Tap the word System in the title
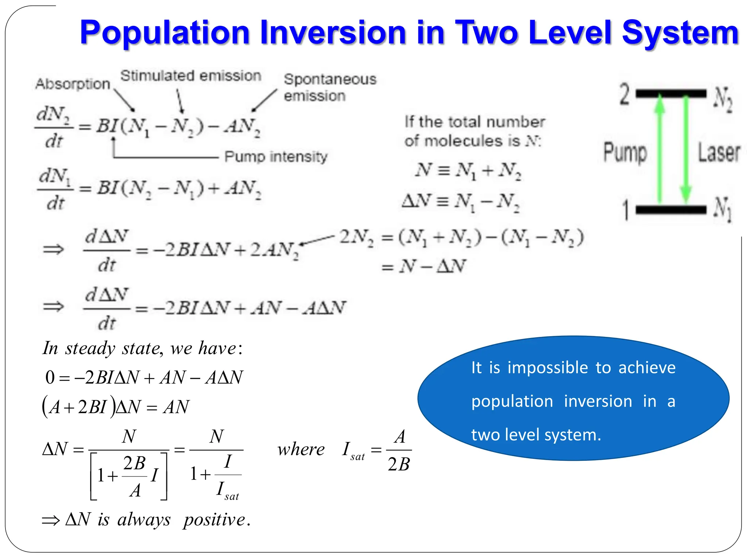(680, 33)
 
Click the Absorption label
(73, 84)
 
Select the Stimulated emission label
(191, 76)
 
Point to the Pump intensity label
(276, 157)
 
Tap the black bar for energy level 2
(671, 94)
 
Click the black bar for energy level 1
(671, 210)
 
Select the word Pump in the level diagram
(625, 152)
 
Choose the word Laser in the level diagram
(719, 152)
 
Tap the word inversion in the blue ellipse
(598, 401)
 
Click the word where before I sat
(301, 449)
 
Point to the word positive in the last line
(214, 519)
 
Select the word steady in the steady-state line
(90, 348)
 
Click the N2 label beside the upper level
(723, 99)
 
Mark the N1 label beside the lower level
(723, 209)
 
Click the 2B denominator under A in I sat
(399, 464)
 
